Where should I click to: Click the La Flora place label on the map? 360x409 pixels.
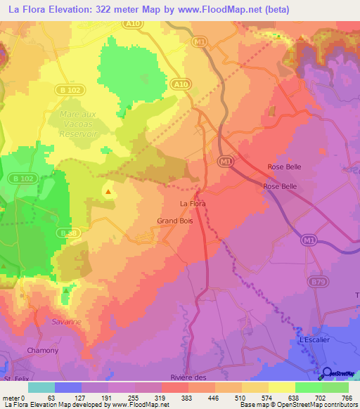(x=193, y=204)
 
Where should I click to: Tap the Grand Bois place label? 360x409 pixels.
(x=171, y=221)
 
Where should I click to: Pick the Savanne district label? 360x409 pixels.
(x=66, y=322)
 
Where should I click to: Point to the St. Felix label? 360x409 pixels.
(x=15, y=380)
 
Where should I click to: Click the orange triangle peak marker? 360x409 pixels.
(x=108, y=190)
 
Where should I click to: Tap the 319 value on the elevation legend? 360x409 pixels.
(x=162, y=398)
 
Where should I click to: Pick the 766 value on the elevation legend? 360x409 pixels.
(x=347, y=398)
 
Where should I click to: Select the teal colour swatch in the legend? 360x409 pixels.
(x=41, y=387)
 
